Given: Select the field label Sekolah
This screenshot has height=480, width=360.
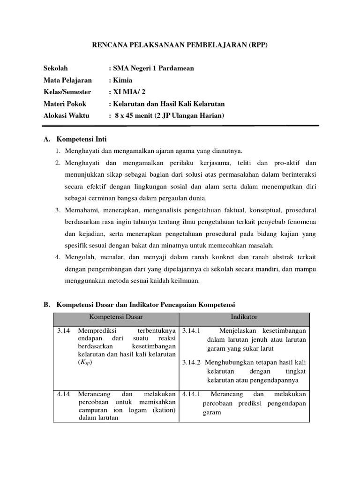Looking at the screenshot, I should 56,68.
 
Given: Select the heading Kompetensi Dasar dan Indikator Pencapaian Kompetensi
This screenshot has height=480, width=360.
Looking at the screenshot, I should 146,304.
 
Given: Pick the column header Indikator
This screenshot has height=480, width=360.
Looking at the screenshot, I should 244,317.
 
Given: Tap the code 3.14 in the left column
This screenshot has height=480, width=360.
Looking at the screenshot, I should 63,331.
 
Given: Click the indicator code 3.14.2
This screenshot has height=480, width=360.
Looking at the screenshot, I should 191,362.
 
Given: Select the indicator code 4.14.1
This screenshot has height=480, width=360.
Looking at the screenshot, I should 191,394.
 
